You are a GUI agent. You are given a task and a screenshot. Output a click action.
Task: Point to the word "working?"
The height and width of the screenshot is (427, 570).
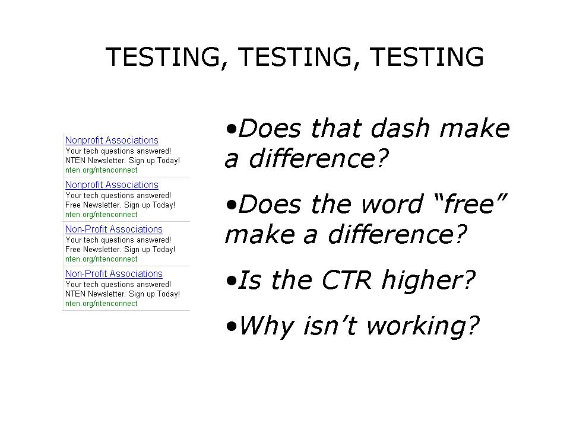pyautogui.click(x=423, y=326)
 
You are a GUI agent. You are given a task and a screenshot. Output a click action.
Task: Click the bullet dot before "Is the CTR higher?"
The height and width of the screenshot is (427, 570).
pyautogui.click(x=231, y=281)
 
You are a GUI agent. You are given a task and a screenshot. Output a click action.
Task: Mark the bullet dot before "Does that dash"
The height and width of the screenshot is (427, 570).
pyautogui.click(x=231, y=129)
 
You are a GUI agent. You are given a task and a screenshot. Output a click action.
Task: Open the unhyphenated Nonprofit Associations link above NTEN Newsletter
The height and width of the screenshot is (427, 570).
pyautogui.click(x=112, y=141)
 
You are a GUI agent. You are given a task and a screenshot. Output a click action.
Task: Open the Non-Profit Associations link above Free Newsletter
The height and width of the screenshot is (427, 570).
pyautogui.click(x=114, y=230)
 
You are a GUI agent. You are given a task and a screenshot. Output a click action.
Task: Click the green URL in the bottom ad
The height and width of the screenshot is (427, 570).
pyautogui.click(x=102, y=304)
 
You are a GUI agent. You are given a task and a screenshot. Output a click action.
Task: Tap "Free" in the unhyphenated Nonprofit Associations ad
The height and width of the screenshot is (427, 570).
pyautogui.click(x=72, y=205)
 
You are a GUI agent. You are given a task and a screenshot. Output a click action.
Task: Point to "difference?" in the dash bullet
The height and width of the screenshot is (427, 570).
pyautogui.click(x=319, y=159)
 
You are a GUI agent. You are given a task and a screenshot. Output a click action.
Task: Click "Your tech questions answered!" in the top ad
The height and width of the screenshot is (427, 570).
pyautogui.click(x=118, y=151)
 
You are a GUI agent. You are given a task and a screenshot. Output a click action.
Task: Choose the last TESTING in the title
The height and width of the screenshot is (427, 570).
pyautogui.click(x=426, y=57)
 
